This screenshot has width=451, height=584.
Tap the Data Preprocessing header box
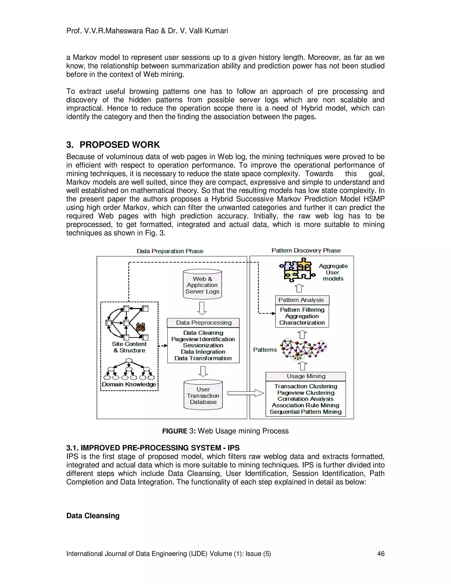tap(204, 323)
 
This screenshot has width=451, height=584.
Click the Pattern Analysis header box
tap(302, 300)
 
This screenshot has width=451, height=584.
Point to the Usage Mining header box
tap(306, 376)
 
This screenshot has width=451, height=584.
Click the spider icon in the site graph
tap(140, 327)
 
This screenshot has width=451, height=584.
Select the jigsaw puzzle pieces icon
tap(297, 270)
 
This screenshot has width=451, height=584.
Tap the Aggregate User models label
tap(333, 272)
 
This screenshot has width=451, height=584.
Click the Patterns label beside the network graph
tap(265, 350)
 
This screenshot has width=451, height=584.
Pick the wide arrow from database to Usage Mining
tap(246, 393)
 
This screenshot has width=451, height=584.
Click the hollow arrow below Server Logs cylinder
tap(202, 308)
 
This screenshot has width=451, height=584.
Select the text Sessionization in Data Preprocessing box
tap(203, 346)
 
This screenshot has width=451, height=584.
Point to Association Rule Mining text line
tap(305, 405)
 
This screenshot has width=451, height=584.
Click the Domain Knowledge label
tap(129, 385)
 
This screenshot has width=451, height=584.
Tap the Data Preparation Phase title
tap(170, 251)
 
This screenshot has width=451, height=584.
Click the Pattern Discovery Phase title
tap(306, 251)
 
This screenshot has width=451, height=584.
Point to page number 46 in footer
tap(381, 554)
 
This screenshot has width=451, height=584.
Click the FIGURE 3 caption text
tap(225, 431)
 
